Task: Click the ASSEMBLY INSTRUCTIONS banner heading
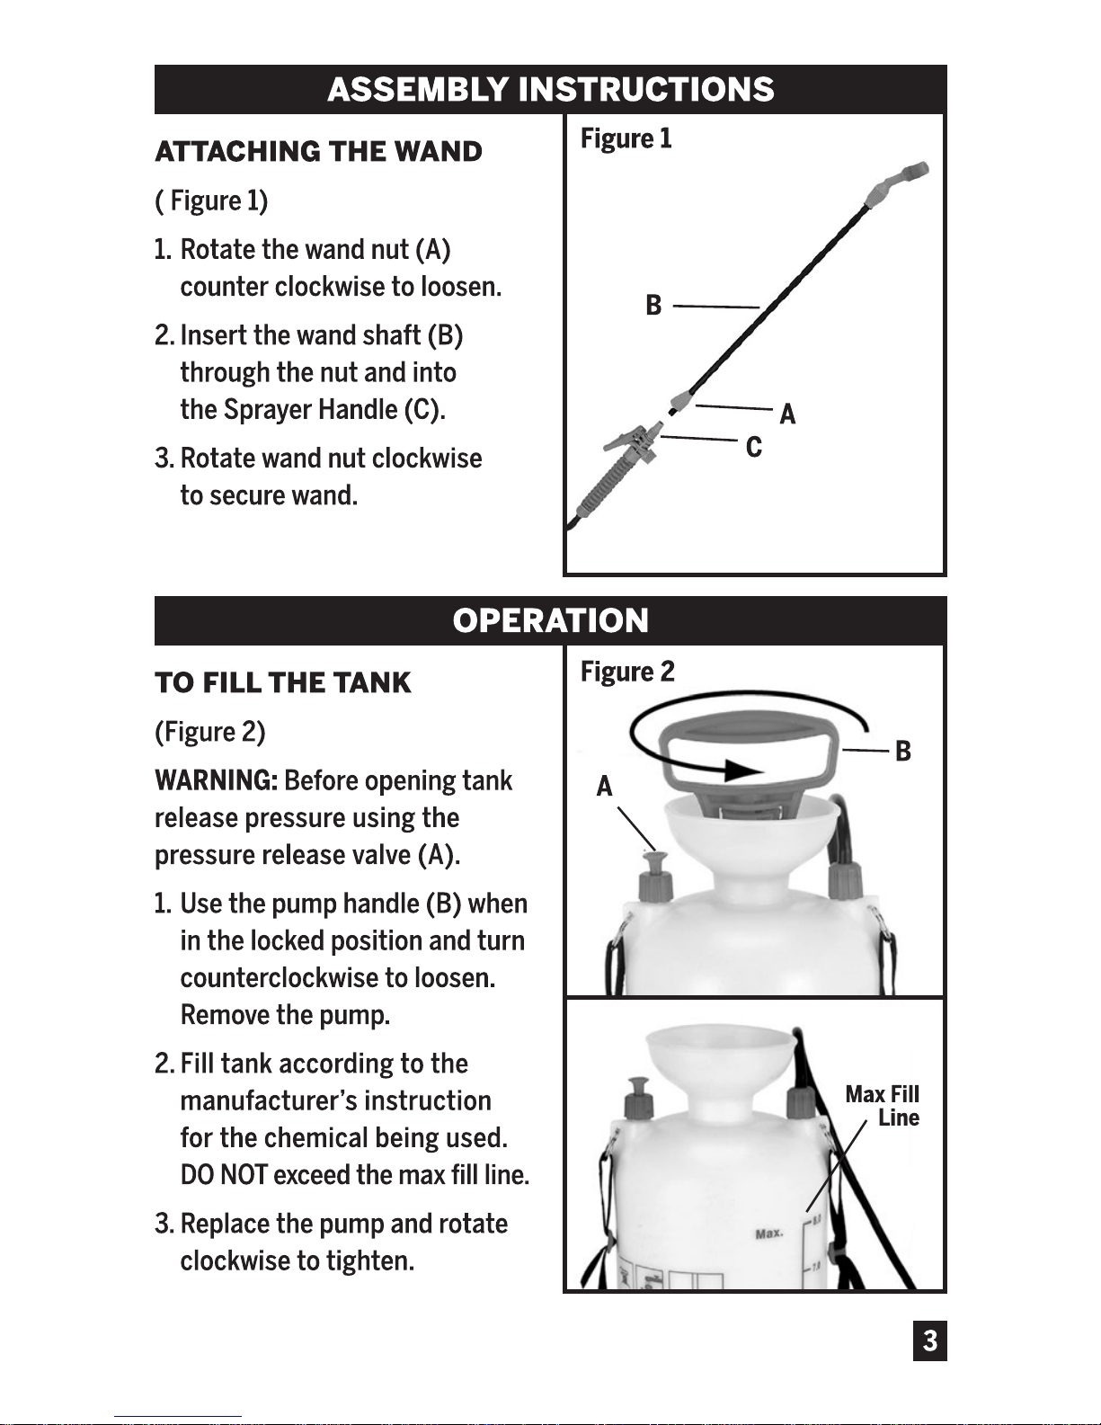point(550,90)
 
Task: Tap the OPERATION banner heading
point(550,620)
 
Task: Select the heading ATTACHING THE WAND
point(318,151)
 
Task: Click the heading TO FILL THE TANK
point(282,682)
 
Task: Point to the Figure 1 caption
point(626,138)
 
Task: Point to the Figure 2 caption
point(627,672)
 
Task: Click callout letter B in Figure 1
point(653,306)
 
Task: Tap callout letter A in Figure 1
point(787,414)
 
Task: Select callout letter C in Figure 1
point(753,447)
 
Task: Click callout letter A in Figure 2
point(604,787)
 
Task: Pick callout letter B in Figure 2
point(903,751)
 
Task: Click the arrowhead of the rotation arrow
point(742,770)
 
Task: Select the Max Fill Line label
point(883,1106)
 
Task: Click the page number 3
point(929,1340)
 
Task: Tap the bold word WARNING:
point(216,780)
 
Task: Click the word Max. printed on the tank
point(768,1234)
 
